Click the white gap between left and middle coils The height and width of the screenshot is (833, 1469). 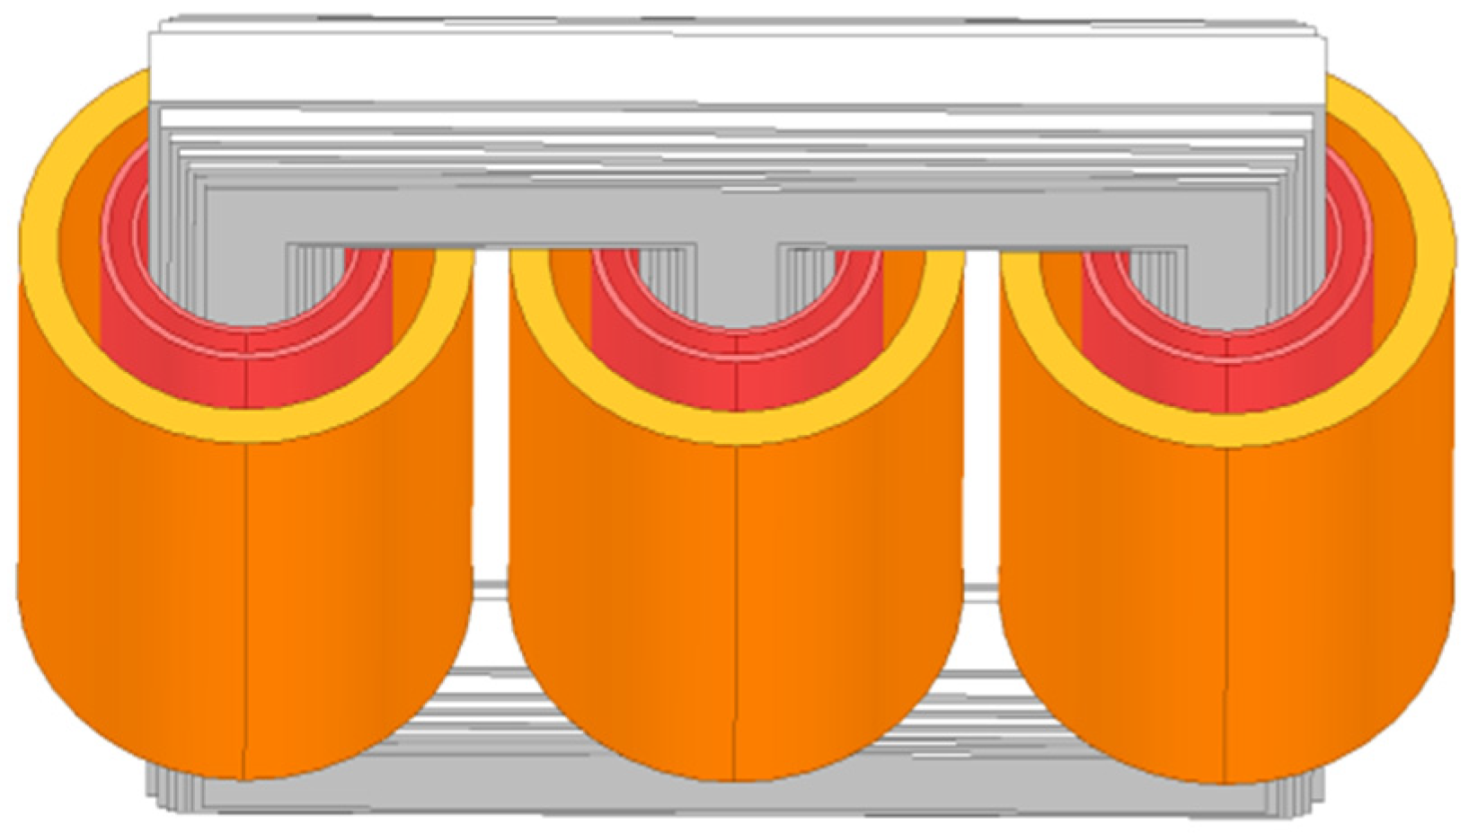click(490, 449)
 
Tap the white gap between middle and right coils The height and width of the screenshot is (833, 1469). click(982, 449)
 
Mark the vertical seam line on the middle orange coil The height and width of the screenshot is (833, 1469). click(735, 611)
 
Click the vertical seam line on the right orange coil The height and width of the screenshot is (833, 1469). click(1226, 611)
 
